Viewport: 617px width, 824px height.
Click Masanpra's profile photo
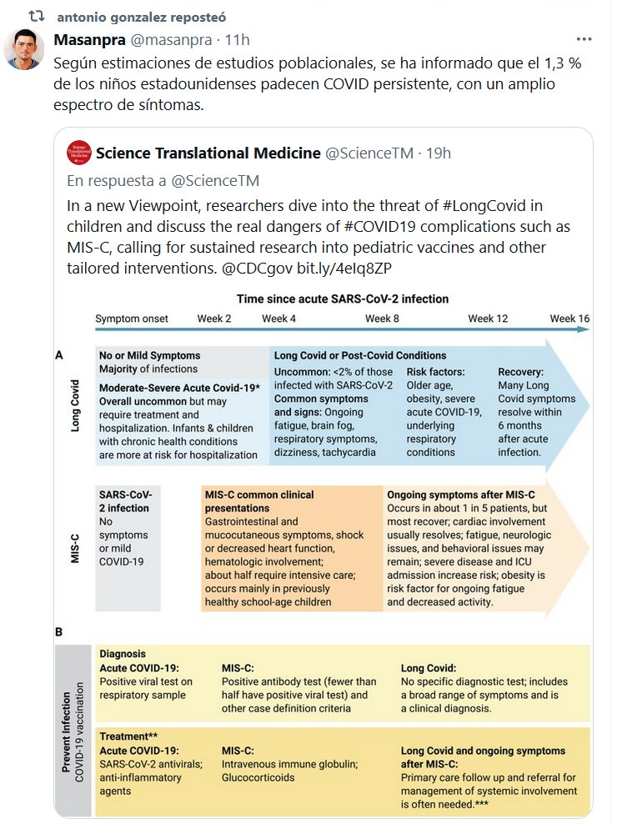click(x=24, y=49)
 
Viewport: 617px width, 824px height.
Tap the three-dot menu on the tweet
click(x=586, y=40)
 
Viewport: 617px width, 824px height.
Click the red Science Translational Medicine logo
click(x=79, y=153)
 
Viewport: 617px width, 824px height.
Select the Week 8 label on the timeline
click(x=382, y=319)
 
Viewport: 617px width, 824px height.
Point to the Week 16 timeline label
click(x=569, y=319)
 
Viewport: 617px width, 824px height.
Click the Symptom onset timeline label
click(x=132, y=319)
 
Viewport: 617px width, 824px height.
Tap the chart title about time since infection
click(x=342, y=299)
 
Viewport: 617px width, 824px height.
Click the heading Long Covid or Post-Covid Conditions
click(x=360, y=355)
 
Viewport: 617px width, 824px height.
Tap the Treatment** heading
click(x=128, y=736)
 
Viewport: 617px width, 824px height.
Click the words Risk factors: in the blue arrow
click(x=435, y=372)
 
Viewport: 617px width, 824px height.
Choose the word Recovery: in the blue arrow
click(x=521, y=372)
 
